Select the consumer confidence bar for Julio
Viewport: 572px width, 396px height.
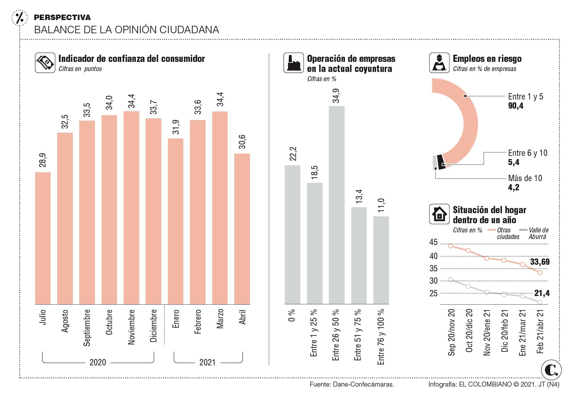(x=43, y=238)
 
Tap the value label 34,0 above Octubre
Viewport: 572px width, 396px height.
(x=109, y=103)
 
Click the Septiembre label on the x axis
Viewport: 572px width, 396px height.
(x=87, y=327)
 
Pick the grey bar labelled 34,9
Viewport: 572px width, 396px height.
(x=337, y=205)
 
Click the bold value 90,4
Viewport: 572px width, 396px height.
(x=516, y=106)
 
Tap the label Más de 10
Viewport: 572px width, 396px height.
(x=525, y=178)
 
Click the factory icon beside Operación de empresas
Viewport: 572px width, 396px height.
(x=293, y=62)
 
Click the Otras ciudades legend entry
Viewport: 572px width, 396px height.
(x=508, y=233)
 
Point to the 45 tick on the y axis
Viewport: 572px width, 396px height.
(x=434, y=242)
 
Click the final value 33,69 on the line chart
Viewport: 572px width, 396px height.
(x=540, y=262)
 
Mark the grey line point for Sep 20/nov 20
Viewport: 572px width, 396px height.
(x=450, y=280)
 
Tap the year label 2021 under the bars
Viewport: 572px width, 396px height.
(x=207, y=362)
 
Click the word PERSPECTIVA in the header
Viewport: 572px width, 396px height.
(x=62, y=17)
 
